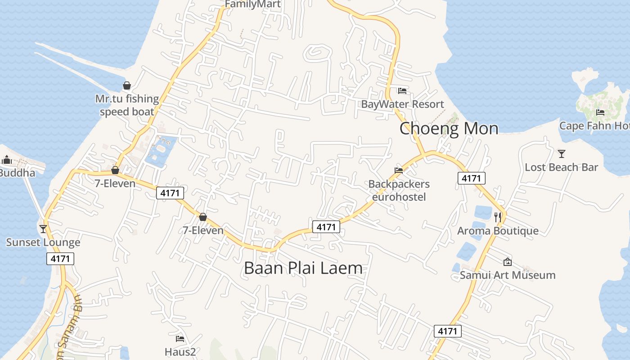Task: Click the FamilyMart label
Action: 252,4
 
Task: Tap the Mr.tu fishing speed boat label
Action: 127,105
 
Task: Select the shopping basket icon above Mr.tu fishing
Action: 127,85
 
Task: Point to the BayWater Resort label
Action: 402,104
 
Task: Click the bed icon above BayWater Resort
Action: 402,91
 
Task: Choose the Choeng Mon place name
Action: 449,128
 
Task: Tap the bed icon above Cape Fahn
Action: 600,112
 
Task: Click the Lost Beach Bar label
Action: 561,167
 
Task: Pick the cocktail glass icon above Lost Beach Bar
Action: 561,154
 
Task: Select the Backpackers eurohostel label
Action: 399,190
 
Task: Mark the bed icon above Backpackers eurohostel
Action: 399,170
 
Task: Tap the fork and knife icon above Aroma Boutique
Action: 498,217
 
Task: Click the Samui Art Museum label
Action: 507,274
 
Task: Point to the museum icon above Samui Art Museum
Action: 507,261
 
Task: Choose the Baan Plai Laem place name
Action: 303,268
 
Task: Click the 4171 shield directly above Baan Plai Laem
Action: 326,227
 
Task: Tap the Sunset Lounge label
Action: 43,242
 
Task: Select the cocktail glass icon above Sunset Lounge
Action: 43,229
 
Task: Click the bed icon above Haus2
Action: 180,338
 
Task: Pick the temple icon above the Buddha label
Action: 7,160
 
